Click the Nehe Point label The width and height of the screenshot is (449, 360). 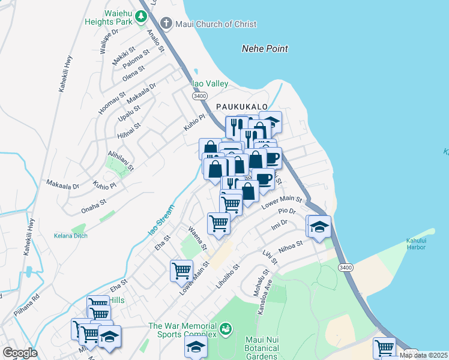tap(265, 49)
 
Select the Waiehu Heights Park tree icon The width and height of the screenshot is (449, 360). tap(141, 16)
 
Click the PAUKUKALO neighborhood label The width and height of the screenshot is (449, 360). tap(241, 106)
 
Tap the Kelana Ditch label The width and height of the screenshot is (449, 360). tap(71, 236)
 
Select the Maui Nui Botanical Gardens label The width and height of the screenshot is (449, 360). tap(262, 349)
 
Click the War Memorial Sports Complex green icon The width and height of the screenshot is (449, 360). tap(226, 329)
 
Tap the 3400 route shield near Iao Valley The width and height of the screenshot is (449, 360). tap(200, 96)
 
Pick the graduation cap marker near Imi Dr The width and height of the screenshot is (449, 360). tap(319, 226)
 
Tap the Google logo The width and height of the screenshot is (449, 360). tap(20, 353)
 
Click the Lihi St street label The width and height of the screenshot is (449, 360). tap(270, 257)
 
